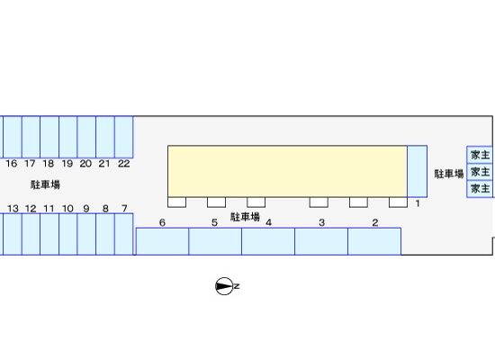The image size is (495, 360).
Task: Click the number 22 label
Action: pyautogui.click(x=124, y=164)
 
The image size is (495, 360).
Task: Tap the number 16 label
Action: pyautogui.click(x=12, y=164)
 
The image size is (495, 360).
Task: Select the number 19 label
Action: pyautogui.click(x=67, y=164)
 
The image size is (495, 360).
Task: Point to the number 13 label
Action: pyautogui.click(x=13, y=209)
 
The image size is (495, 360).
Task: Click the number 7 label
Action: pyautogui.click(x=124, y=209)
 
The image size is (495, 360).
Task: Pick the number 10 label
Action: pyautogui.click(x=67, y=209)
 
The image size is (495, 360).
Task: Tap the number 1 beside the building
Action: pyautogui.click(x=418, y=203)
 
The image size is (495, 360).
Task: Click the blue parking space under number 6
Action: pyautogui.click(x=162, y=241)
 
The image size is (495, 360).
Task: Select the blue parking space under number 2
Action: pyautogui.click(x=374, y=241)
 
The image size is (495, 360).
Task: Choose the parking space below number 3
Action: pyautogui.click(x=321, y=241)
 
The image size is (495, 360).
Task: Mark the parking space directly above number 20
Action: pyautogui.click(x=86, y=137)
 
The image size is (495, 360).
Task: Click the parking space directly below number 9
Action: pyautogui.click(x=86, y=234)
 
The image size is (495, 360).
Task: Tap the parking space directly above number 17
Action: pyautogui.click(x=31, y=137)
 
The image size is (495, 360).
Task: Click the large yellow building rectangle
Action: pyautogui.click(x=287, y=172)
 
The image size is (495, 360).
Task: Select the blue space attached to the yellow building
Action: pyautogui.click(x=417, y=172)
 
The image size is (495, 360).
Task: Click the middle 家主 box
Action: pyautogui.click(x=480, y=172)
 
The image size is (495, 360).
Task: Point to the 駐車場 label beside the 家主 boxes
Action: pyautogui.click(x=449, y=174)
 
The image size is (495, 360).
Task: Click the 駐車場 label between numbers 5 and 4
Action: pyautogui.click(x=245, y=217)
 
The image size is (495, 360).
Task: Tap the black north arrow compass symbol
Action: pyautogui.click(x=225, y=286)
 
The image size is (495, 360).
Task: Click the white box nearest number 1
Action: pyautogui.click(x=398, y=202)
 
